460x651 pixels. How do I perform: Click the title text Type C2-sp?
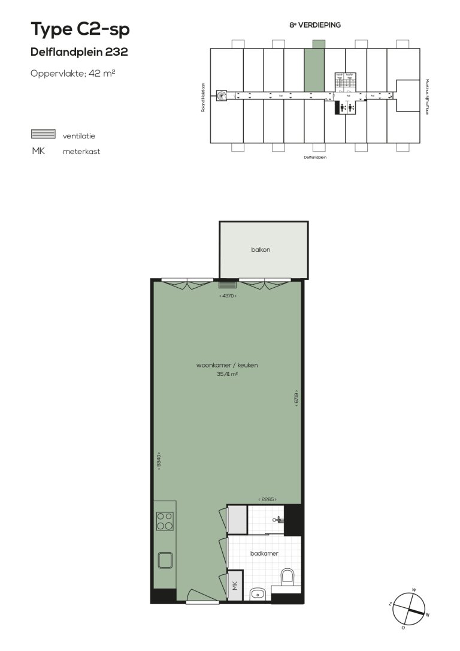point(80,29)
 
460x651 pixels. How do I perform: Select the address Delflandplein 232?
point(79,52)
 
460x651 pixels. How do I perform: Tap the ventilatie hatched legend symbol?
point(43,134)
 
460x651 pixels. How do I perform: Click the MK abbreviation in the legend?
point(38,151)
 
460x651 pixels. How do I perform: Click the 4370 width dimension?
point(228,296)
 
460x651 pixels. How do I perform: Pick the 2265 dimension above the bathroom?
point(267,499)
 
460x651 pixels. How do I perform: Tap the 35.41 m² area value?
point(227,374)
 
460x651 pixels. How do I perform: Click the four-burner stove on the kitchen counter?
point(165,521)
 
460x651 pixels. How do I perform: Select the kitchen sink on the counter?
point(165,560)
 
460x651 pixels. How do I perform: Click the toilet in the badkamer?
point(287,578)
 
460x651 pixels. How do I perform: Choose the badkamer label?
point(264,554)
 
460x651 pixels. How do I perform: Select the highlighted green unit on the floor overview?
point(314,69)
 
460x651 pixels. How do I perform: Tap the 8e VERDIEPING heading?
point(315,25)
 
